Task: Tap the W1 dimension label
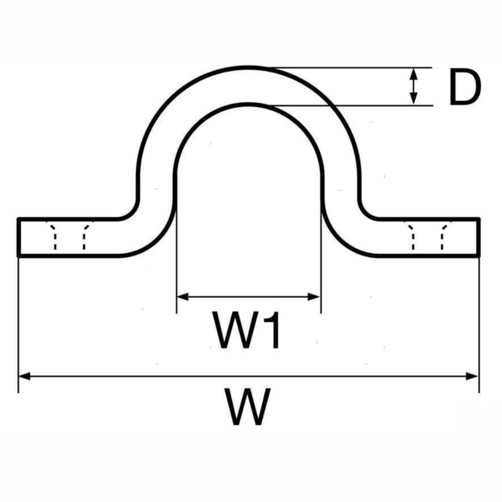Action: click(x=246, y=330)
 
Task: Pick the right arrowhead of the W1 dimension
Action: click(x=315, y=297)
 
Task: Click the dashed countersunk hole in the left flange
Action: click(x=69, y=236)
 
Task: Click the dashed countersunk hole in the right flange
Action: click(x=427, y=236)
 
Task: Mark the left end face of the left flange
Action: click(x=18, y=237)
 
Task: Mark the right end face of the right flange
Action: click(x=479, y=237)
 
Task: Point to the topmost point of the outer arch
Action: click(x=249, y=67)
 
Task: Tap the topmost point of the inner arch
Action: click(x=249, y=105)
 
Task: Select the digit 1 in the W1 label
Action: click(x=272, y=330)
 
